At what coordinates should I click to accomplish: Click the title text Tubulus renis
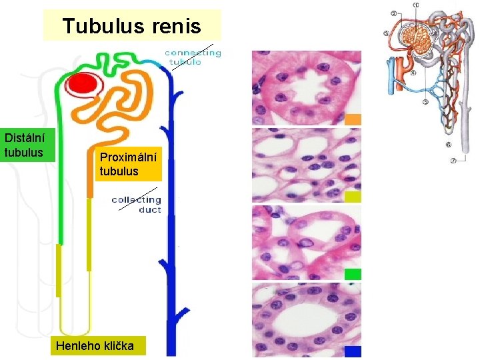coord(131,26)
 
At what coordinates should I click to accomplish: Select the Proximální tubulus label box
coord(128,165)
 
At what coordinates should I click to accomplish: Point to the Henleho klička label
coord(95,346)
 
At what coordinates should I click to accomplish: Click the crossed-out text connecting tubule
coord(192,57)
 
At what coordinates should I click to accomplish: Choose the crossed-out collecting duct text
coord(137,204)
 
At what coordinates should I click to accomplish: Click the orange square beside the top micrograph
coord(353,119)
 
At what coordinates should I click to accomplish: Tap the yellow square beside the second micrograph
coord(353,197)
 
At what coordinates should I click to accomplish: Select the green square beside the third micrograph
coord(353,273)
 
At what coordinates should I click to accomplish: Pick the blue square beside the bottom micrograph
coord(353,351)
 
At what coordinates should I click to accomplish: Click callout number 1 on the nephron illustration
coord(416,5)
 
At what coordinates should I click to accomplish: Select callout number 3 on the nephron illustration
coord(387,34)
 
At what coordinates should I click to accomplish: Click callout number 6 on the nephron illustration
coord(448,145)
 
